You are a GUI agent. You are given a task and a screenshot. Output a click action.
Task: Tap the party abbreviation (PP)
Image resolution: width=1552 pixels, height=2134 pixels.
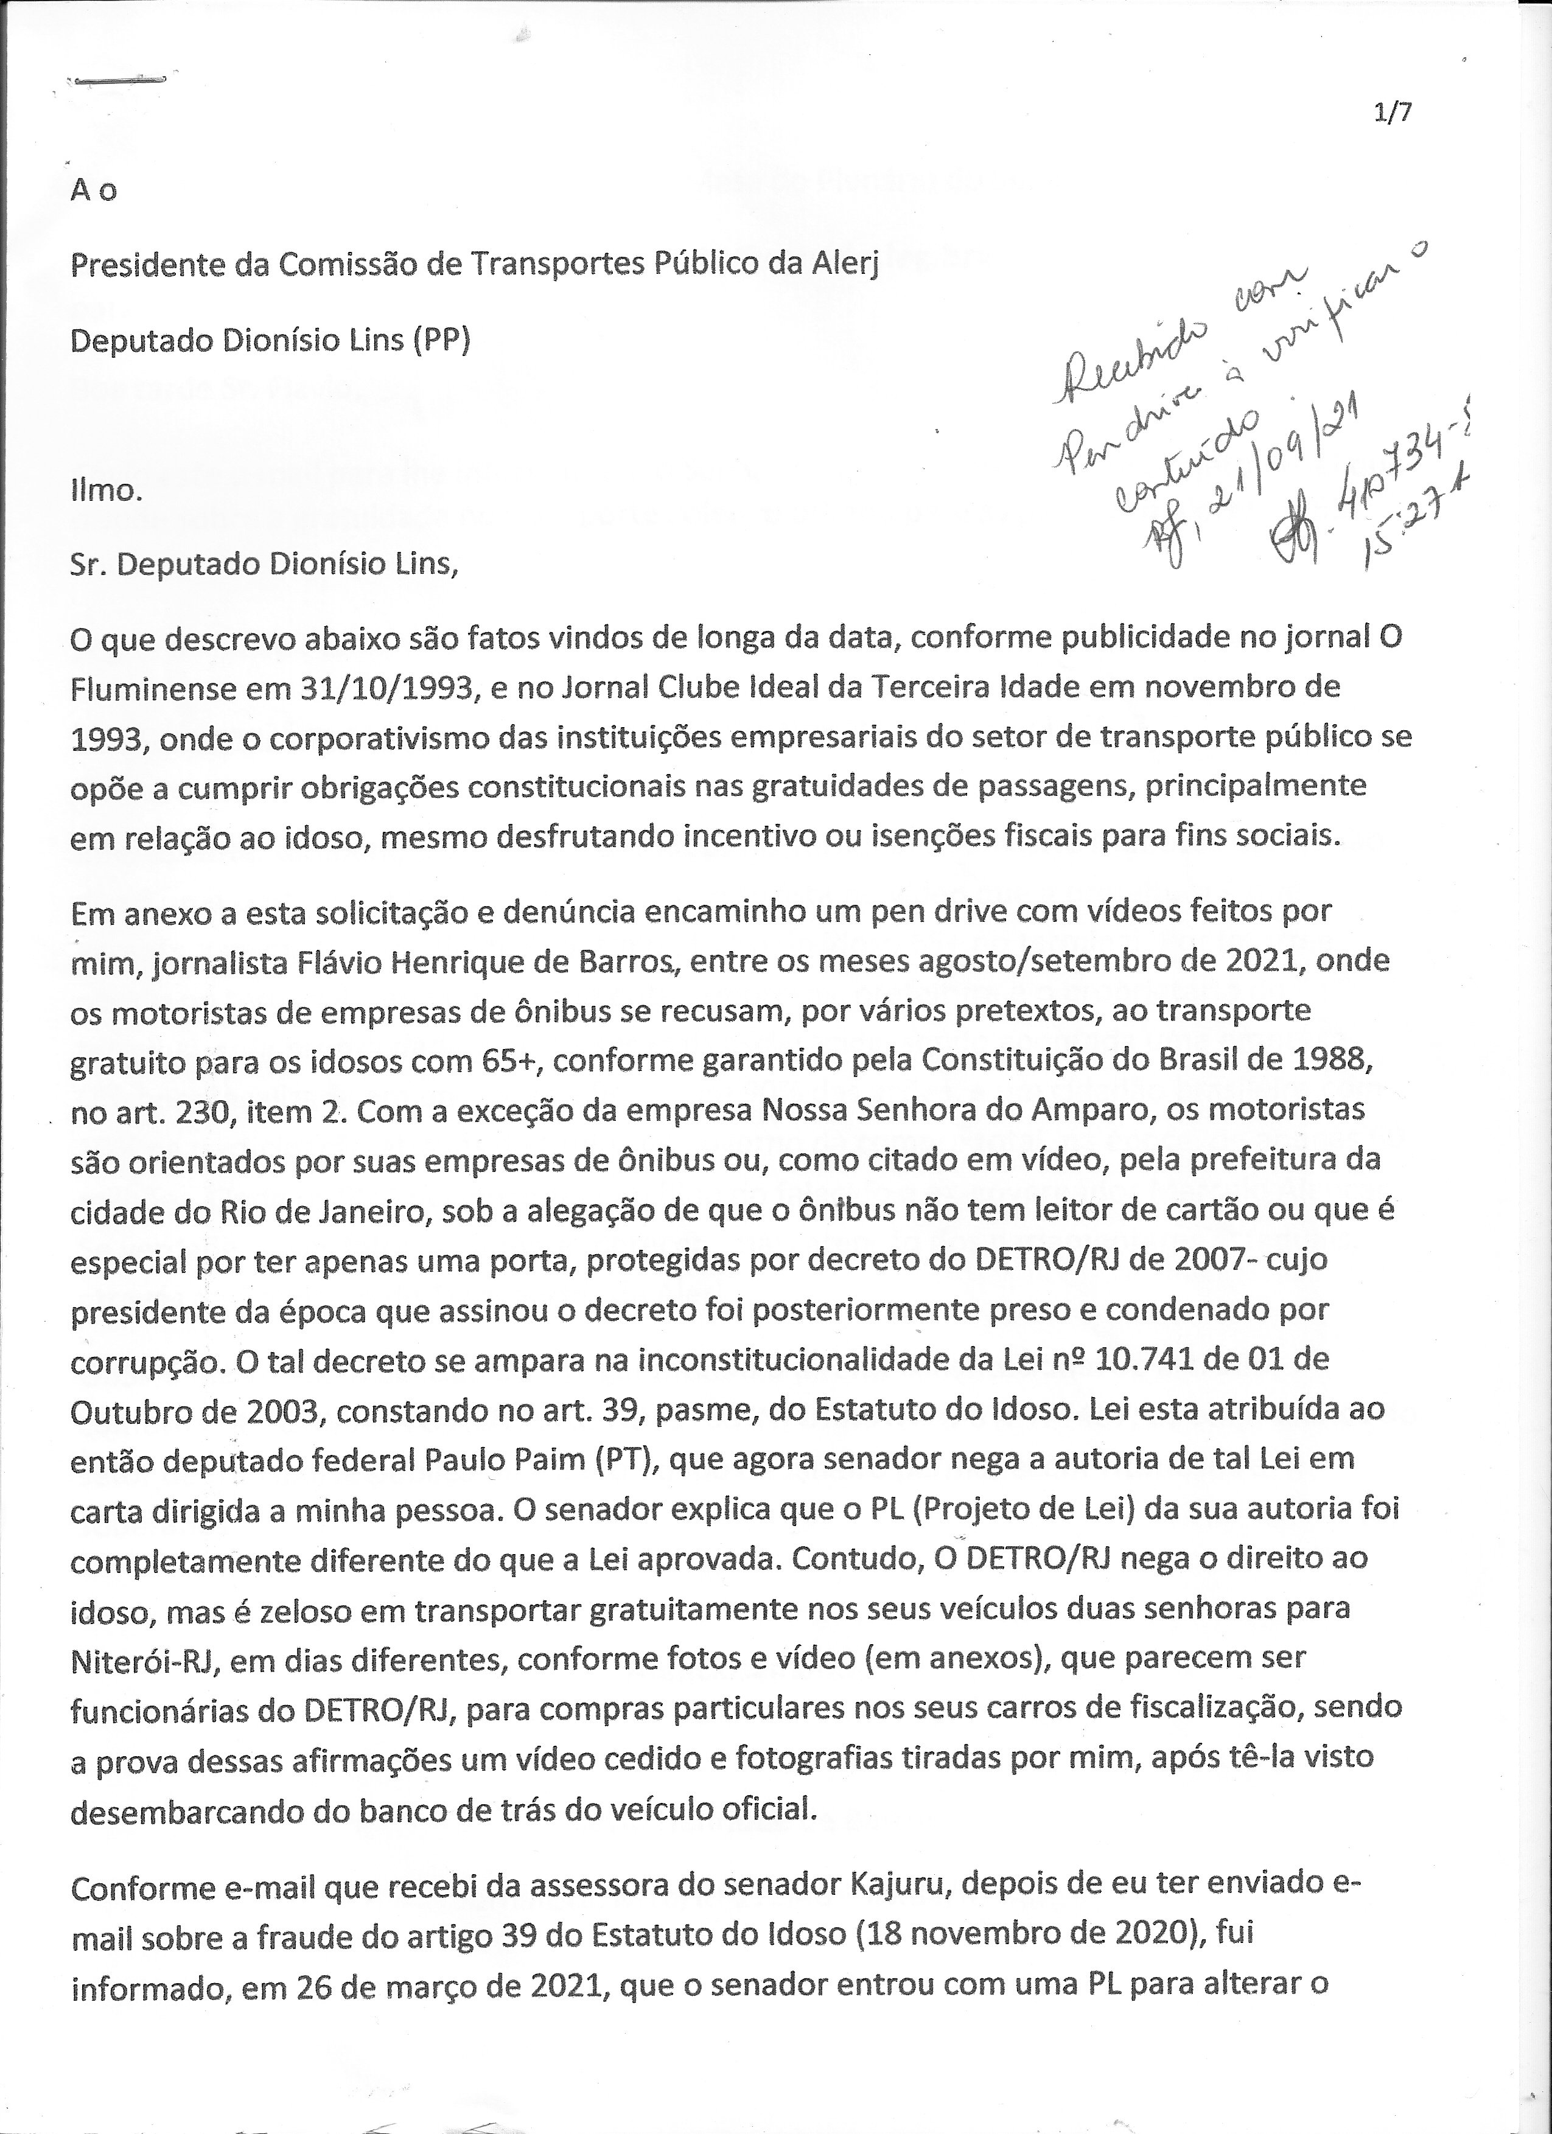441,339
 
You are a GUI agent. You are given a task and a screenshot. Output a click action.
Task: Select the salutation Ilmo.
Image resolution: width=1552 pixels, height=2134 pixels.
105,489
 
